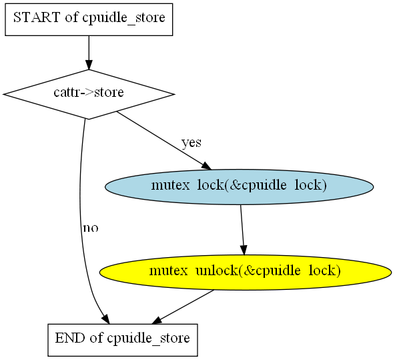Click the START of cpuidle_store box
point(89,19)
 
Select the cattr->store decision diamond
point(89,94)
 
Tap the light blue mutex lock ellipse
point(239,186)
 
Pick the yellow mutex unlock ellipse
point(246,272)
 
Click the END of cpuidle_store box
point(123,340)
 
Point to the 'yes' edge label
point(191,143)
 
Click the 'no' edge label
point(91,228)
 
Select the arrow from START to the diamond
point(89,53)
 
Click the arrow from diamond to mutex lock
point(164,141)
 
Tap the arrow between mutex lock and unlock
point(242,230)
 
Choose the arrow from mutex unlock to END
point(183,307)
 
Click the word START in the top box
point(37,17)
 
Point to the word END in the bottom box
point(70,338)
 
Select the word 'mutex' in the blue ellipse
point(170,185)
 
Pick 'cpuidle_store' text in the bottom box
point(148,339)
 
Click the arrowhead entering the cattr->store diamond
point(89,65)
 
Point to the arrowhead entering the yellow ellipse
point(244,250)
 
